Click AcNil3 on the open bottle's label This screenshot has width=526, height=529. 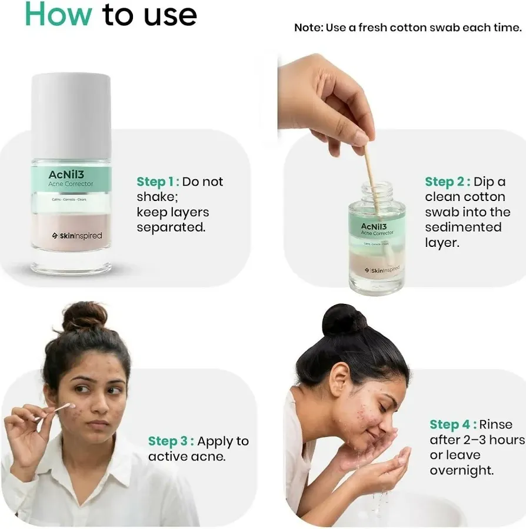[373, 226]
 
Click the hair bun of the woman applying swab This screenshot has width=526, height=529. [85, 317]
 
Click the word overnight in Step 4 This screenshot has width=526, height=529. [461, 470]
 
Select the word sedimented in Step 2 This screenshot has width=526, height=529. [463, 227]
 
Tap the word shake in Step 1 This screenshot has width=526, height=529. [156, 197]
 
